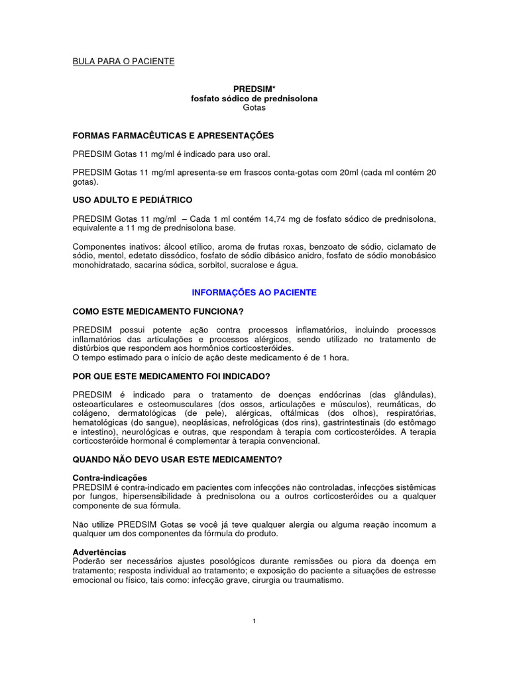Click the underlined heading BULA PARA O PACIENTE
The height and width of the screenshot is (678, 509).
[x=123, y=62]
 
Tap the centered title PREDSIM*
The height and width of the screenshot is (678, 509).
[x=254, y=89]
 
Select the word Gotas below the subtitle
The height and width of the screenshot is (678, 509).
[x=254, y=107]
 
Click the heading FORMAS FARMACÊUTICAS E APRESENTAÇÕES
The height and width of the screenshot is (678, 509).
[x=173, y=136]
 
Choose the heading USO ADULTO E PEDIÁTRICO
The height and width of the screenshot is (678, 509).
[x=133, y=200]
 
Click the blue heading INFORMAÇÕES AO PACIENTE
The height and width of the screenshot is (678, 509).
[x=254, y=292]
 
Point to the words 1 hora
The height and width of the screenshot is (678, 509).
[x=334, y=358]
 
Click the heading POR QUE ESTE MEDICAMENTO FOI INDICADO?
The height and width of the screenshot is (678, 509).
[x=171, y=377]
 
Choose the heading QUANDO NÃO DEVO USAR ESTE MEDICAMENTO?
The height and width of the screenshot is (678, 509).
[x=178, y=460]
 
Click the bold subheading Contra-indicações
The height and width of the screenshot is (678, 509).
[x=110, y=477]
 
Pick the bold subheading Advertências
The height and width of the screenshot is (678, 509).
[x=99, y=552]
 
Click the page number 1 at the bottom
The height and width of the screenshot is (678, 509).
[x=254, y=620]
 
